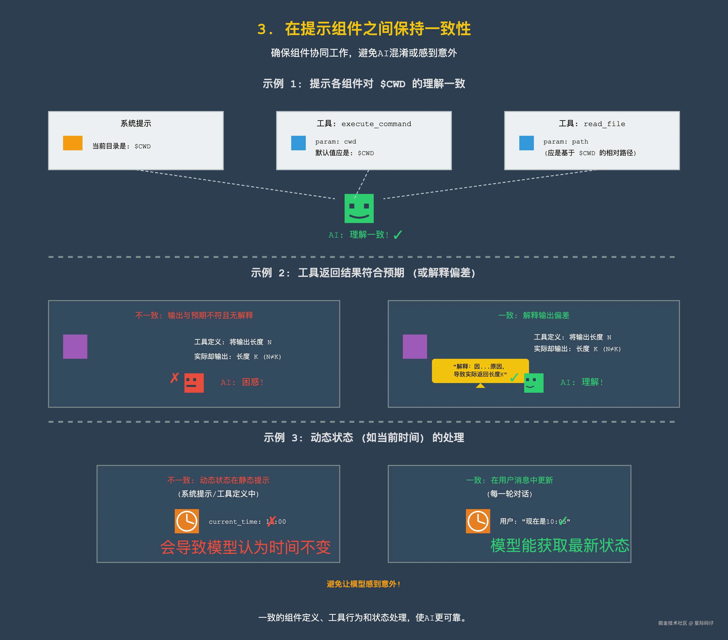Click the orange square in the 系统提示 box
pyautogui.click(x=73, y=143)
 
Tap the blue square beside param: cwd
pyautogui.click(x=298, y=143)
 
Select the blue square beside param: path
pyautogui.click(x=526, y=143)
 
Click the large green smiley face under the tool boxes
pyautogui.click(x=359, y=208)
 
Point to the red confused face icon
pyautogui.click(x=194, y=383)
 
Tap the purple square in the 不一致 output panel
pyautogui.click(x=75, y=347)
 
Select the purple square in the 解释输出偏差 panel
pyautogui.click(x=415, y=347)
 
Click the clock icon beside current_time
pyautogui.click(x=187, y=521)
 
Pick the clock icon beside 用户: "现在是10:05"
pyautogui.click(x=478, y=521)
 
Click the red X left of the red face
pyautogui.click(x=175, y=378)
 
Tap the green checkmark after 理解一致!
pyautogui.click(x=398, y=235)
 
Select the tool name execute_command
pyautogui.click(x=376, y=124)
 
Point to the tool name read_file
pyautogui.click(x=604, y=124)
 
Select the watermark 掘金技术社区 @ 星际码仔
pyautogui.click(x=686, y=623)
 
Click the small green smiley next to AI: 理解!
pyautogui.click(x=533, y=383)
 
